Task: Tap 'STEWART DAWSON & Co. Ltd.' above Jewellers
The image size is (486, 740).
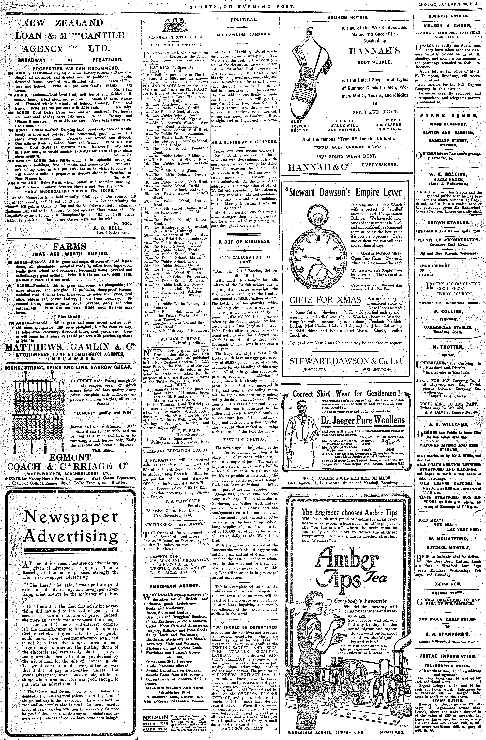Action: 346,361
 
